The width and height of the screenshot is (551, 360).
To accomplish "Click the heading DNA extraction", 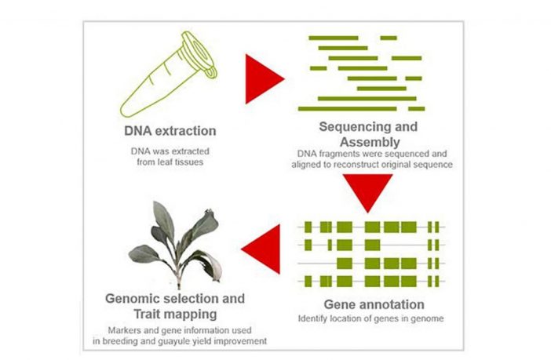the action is pos(170,131).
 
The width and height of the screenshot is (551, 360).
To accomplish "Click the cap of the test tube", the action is pos(200,53).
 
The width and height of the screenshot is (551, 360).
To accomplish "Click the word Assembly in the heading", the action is pos(370,142).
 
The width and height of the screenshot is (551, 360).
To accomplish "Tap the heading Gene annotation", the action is pos(374,304).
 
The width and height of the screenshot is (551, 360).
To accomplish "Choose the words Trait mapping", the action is pos(175,314).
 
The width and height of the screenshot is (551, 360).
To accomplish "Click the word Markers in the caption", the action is pos(123,330).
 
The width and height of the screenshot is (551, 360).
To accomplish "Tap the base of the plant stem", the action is pos(179,286).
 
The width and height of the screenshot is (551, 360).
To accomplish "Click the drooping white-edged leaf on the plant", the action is pos(209,265).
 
